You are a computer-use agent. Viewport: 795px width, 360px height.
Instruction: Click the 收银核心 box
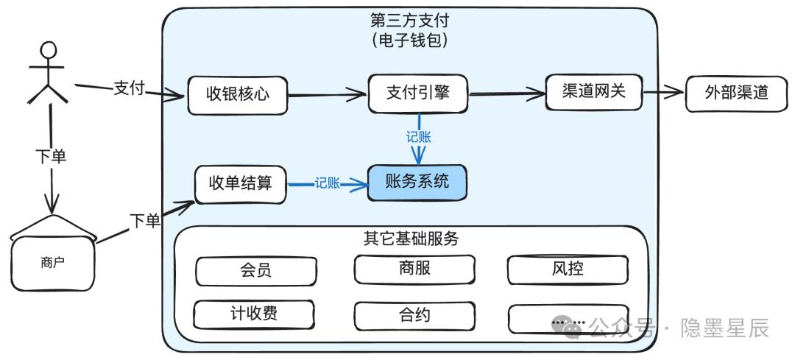tap(237, 95)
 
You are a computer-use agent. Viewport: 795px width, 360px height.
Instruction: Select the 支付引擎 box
tap(418, 93)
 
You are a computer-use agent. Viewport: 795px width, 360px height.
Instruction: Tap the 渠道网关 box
tap(594, 92)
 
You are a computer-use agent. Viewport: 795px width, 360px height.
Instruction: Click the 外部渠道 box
tap(737, 93)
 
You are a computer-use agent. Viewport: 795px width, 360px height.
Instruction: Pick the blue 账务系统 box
tap(417, 182)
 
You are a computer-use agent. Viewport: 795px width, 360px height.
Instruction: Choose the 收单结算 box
tap(240, 184)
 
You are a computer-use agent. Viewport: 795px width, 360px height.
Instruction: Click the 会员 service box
tap(256, 271)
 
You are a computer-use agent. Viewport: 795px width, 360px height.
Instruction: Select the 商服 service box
tap(414, 269)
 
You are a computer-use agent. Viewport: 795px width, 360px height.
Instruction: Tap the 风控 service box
tap(568, 269)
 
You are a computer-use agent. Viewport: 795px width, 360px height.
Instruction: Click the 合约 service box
tap(414, 317)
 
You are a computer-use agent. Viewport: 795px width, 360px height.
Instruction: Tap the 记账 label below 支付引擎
tap(418, 137)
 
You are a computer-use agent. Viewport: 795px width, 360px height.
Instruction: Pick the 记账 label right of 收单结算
tap(327, 183)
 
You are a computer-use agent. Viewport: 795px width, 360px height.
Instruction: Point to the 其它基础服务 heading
tap(411, 239)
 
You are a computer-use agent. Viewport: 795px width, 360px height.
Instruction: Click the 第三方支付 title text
tap(410, 21)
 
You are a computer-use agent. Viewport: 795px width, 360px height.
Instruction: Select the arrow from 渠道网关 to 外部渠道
tap(664, 93)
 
